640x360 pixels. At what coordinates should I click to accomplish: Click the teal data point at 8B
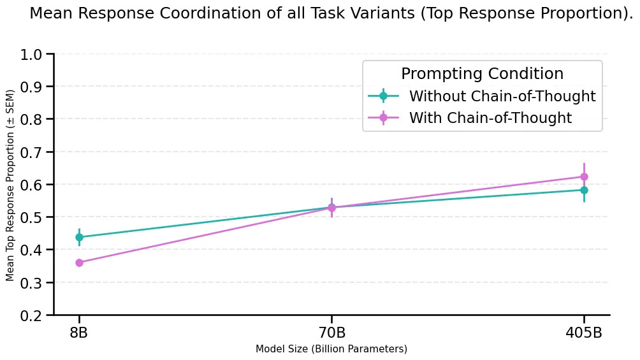click(79, 237)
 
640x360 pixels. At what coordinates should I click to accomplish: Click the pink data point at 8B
click(79, 263)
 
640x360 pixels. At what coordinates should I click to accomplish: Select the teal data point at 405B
click(584, 190)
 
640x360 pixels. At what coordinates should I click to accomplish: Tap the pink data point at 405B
click(584, 176)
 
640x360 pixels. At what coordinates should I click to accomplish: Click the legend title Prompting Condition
click(482, 74)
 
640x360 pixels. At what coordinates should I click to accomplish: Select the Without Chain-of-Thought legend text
click(502, 96)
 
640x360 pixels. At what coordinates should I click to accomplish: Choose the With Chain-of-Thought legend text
click(490, 118)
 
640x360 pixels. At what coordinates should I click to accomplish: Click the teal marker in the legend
click(383, 96)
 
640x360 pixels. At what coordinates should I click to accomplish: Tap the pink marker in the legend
click(383, 118)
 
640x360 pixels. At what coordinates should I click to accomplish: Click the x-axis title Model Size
click(331, 349)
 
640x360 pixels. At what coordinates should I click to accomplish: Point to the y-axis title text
click(10, 185)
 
